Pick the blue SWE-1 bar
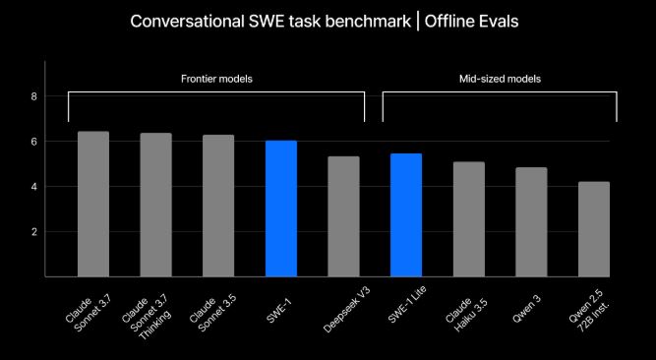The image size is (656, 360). click(x=281, y=209)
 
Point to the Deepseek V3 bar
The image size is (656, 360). click(x=343, y=216)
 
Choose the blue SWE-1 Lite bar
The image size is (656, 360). click(x=406, y=214)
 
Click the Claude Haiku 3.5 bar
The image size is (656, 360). click(x=469, y=218)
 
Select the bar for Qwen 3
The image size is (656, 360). click(x=531, y=221)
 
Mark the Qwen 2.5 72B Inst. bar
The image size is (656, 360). click(x=594, y=228)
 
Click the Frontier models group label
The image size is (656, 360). click(x=216, y=78)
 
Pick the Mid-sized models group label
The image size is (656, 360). click(x=500, y=78)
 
